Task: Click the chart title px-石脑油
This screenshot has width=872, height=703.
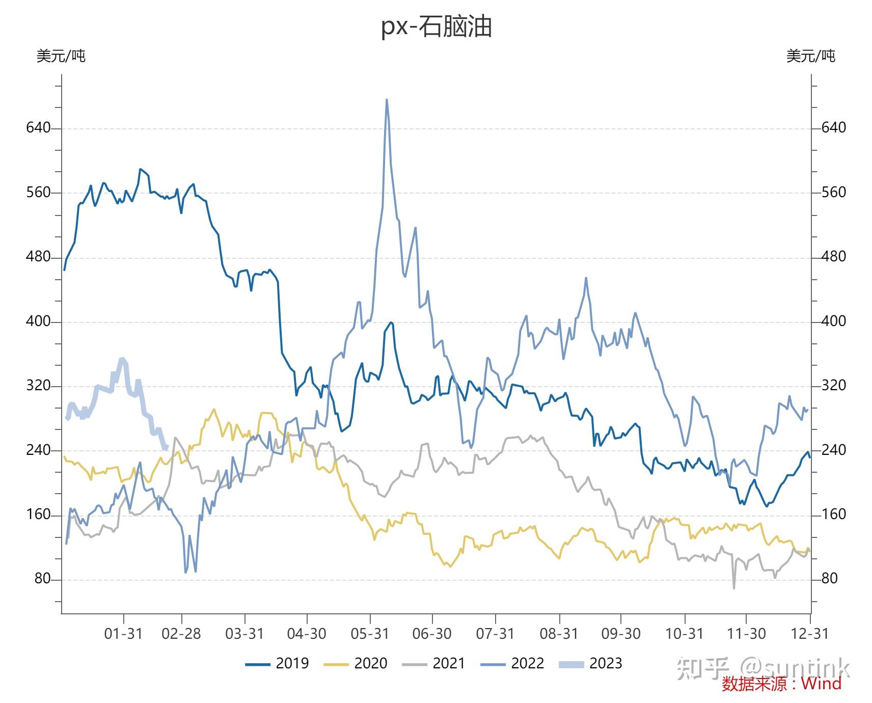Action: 437,26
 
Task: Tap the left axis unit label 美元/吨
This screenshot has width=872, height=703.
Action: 61,56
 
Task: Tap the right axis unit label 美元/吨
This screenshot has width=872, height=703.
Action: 810,56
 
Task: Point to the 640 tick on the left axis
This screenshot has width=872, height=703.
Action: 39,127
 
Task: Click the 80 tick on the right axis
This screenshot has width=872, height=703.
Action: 830,578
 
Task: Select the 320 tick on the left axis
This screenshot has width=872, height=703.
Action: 39,386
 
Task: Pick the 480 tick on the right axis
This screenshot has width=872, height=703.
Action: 834,256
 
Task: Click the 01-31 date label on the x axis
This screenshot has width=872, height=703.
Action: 123,634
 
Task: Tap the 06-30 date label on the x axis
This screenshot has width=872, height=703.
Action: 432,634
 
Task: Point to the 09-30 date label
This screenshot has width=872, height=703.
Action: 620,634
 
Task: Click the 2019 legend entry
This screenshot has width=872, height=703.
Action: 278,663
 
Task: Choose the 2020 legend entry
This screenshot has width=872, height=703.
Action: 356,663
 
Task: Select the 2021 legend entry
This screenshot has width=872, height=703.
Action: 434,663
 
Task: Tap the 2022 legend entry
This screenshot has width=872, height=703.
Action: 512,663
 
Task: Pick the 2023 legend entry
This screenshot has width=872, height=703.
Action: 591,663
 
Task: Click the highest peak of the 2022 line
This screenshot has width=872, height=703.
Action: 387,100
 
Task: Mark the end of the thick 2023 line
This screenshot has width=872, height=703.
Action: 167,448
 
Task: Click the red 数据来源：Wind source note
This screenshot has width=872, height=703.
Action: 781,684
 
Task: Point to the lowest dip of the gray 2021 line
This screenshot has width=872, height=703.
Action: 734,588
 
